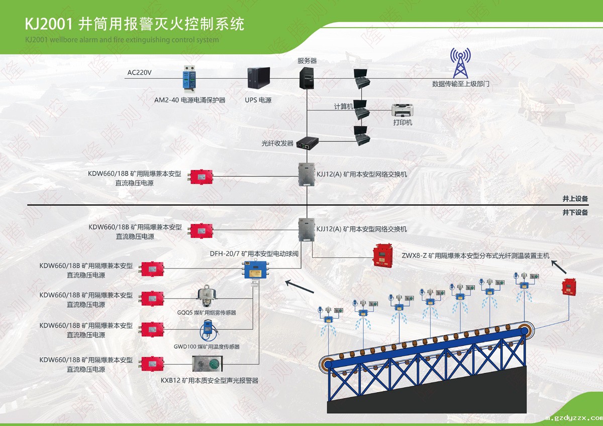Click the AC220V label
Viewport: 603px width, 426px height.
coord(139,73)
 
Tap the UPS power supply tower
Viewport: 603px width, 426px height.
coord(259,79)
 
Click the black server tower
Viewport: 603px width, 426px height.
coord(307,78)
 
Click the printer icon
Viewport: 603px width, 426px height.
coord(403,110)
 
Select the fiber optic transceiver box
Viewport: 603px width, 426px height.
coord(307,144)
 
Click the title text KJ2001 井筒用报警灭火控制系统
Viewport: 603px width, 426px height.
coord(135,24)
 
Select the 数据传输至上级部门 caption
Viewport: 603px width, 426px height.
coord(460,84)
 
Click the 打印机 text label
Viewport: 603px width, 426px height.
coord(403,122)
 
